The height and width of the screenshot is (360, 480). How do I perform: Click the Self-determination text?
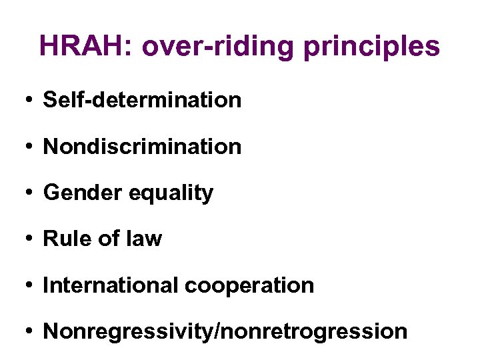click(142, 100)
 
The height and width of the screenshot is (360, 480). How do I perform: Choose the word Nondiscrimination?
click(142, 146)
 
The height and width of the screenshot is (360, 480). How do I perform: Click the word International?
click(111, 285)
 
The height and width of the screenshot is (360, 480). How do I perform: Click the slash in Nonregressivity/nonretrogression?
click(211, 331)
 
